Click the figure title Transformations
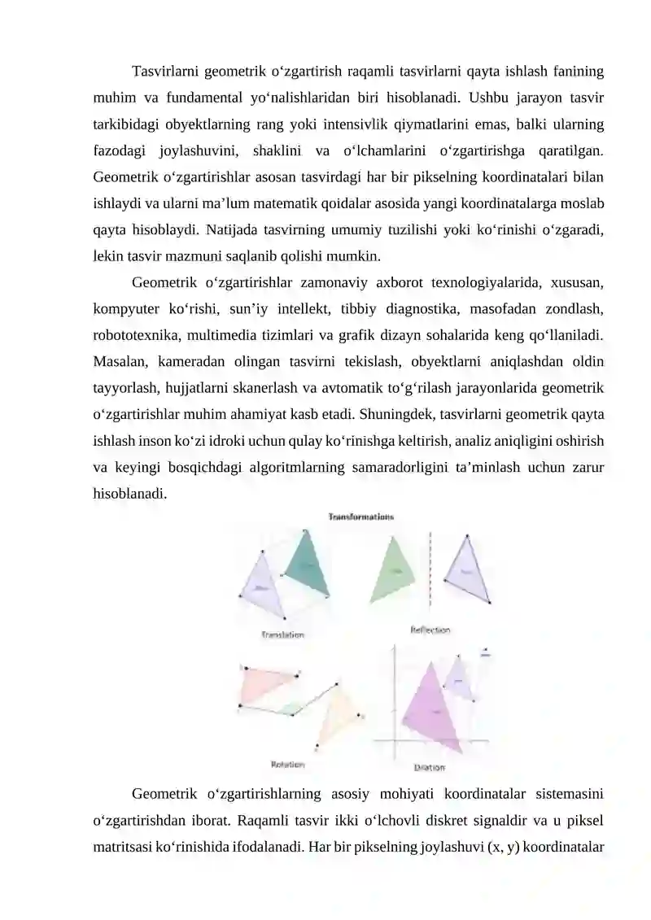(361, 516)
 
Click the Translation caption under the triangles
(282, 634)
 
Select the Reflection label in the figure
(430, 630)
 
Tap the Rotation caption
(287, 765)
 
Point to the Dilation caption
(430, 767)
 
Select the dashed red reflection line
(430, 569)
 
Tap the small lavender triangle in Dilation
(459, 679)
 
